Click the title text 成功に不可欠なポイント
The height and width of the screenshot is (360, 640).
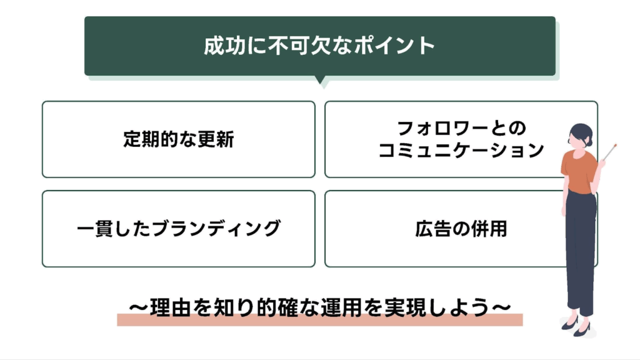pyautogui.click(x=319, y=46)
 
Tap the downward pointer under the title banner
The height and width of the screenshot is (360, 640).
pyautogui.click(x=320, y=81)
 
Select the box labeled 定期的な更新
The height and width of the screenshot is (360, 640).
pyautogui.click(x=178, y=139)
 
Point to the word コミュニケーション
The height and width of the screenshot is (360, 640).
pyautogui.click(x=461, y=151)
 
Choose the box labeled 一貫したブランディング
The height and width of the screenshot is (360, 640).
pyautogui.click(x=178, y=228)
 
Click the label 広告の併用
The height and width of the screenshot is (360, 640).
pyautogui.click(x=461, y=229)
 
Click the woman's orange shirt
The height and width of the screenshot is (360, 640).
pyautogui.click(x=578, y=171)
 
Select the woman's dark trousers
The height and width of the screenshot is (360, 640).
pyautogui.click(x=580, y=250)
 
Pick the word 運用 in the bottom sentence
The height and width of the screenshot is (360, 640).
pyautogui.click(x=369, y=308)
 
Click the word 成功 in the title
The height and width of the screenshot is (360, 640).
pyautogui.click(x=219, y=46)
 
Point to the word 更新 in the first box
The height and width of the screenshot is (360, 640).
pyautogui.click(x=217, y=139)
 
